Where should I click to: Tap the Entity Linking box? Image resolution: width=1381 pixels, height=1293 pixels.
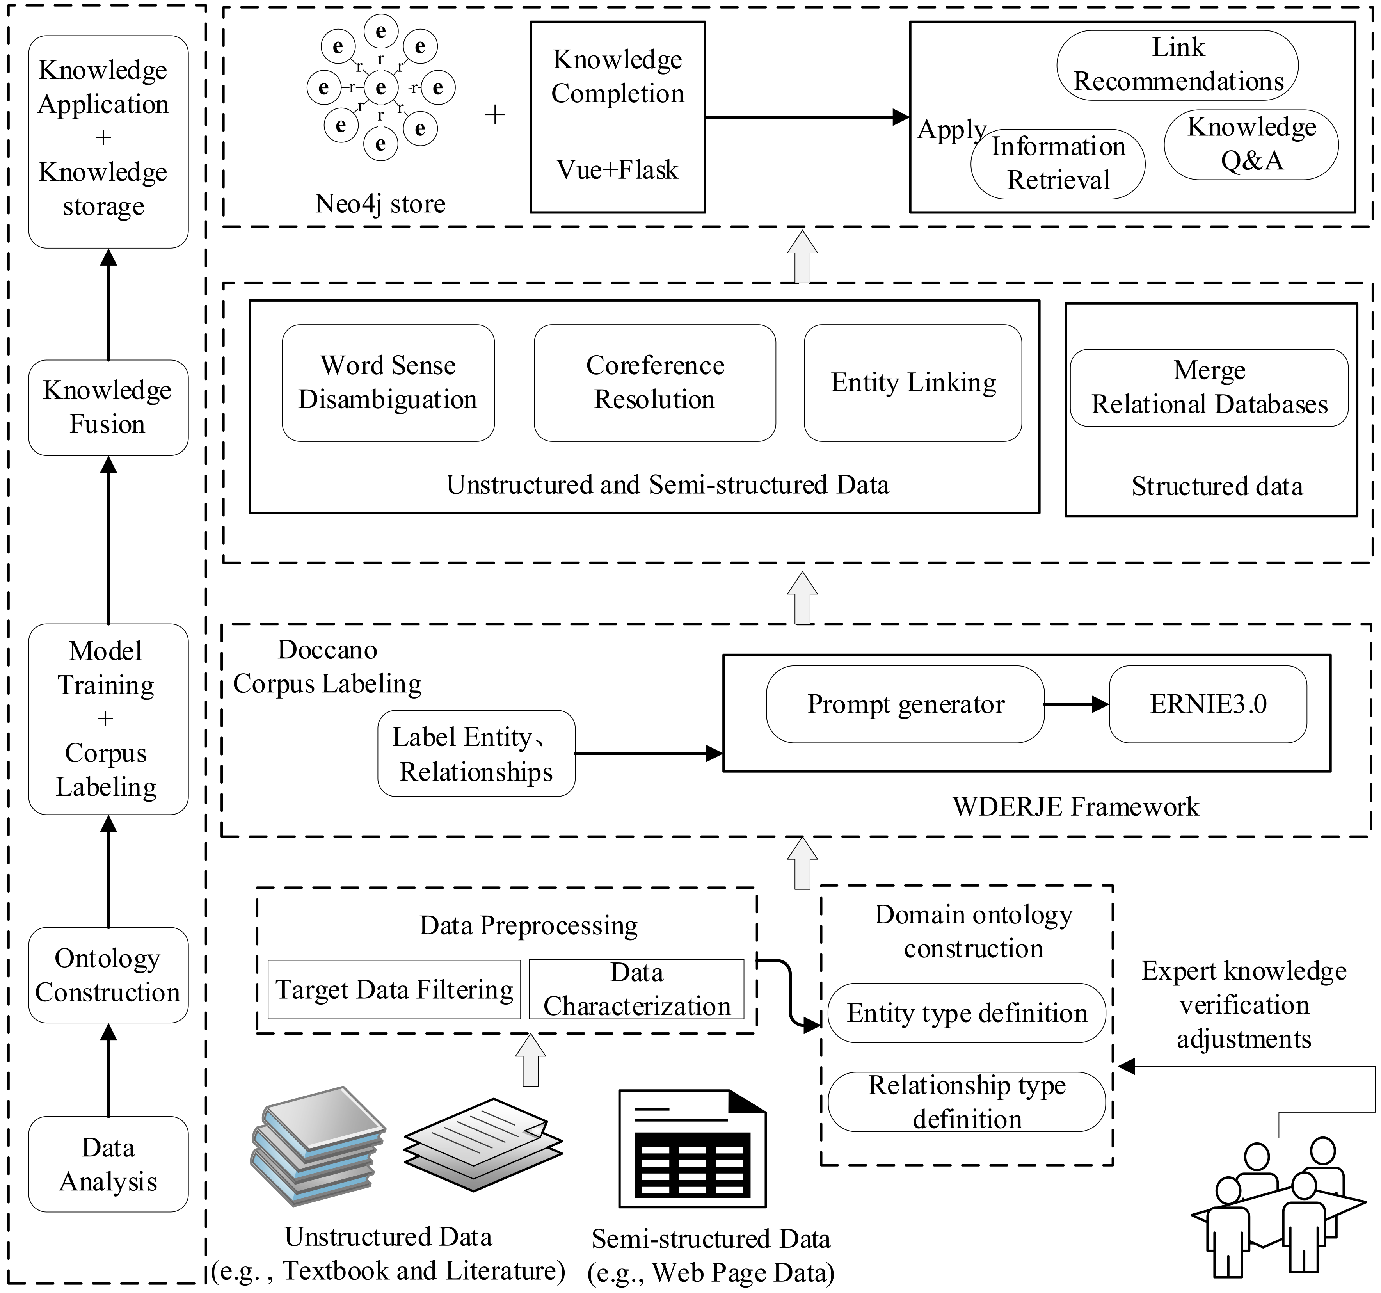coord(913,383)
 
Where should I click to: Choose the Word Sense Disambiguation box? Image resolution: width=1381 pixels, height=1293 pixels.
coord(388,383)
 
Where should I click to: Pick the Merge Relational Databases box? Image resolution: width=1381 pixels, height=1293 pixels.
coord(1209,388)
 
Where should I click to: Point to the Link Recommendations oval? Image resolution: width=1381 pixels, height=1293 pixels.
coord(1177,65)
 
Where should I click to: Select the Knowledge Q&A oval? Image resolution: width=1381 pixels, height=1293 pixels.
coord(1251,144)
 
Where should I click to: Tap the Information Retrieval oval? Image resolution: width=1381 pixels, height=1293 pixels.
coord(1057,164)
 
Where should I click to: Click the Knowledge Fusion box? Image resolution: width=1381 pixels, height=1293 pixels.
coord(108,408)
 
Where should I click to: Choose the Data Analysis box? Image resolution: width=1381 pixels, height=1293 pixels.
coord(108,1165)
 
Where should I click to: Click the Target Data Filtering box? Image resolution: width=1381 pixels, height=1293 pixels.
coord(394,989)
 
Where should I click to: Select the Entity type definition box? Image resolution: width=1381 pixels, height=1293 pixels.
coord(966,1013)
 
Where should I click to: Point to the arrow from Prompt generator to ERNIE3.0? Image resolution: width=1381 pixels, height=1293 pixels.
coord(1076,704)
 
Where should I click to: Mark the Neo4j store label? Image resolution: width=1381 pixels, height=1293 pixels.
coord(380,204)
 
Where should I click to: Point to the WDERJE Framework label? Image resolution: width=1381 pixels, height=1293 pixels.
coord(1075,807)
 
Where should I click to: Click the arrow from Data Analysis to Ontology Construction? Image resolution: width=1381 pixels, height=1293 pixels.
coord(108,1070)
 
